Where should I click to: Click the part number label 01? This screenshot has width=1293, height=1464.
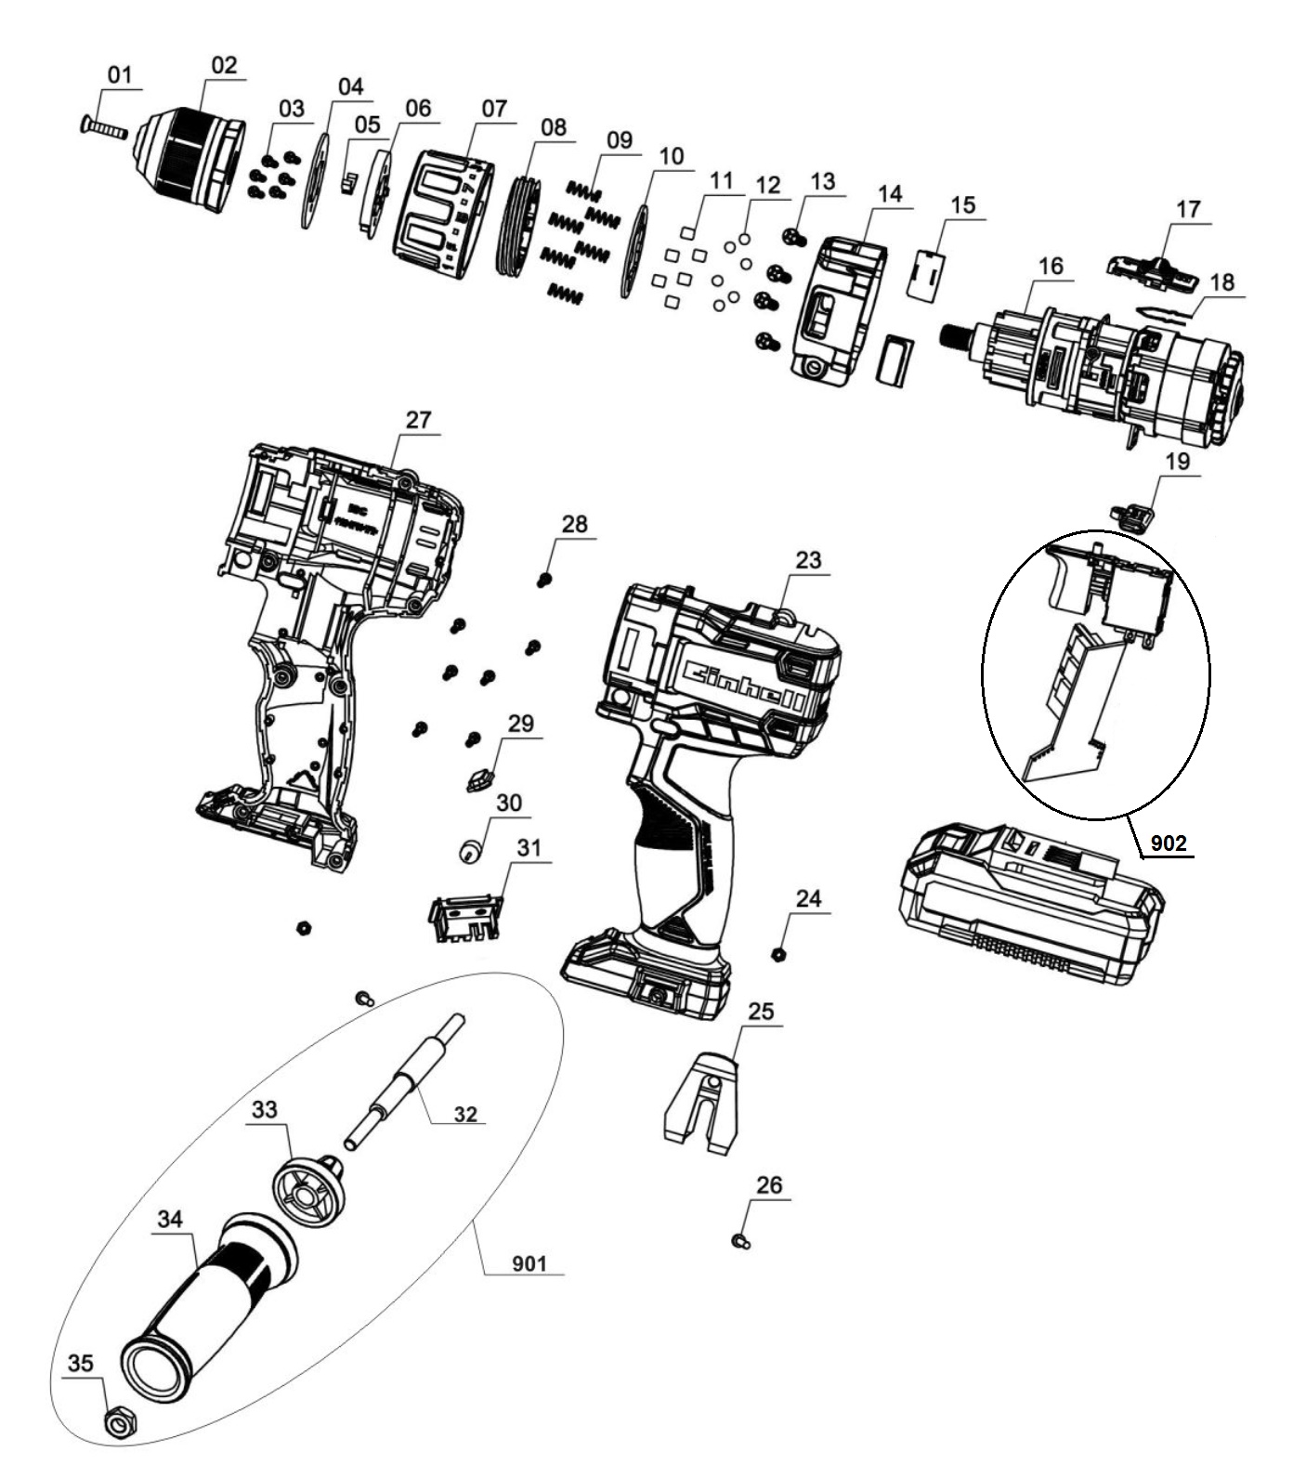pos(121,75)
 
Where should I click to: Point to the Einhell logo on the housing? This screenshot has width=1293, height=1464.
pos(740,684)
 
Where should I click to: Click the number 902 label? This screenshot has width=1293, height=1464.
pos(1169,843)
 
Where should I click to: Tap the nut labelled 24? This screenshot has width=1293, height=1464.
pos(780,953)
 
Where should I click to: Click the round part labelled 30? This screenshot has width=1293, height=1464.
pos(473,848)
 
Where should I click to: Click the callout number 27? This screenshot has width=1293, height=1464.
pos(418,420)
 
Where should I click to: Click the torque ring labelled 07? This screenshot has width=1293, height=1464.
pos(444,214)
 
